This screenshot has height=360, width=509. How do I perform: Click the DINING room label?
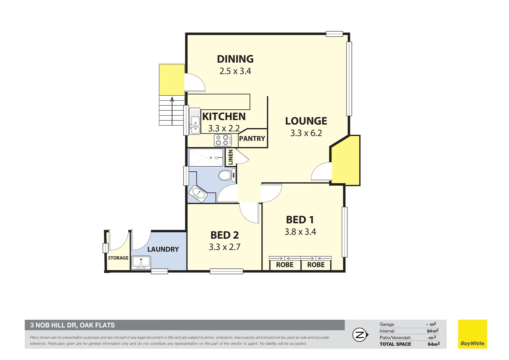tap(235, 59)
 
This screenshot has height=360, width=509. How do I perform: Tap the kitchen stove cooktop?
tap(223, 140)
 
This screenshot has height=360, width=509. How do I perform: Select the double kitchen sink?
tap(195, 121)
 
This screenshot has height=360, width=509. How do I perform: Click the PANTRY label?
tap(252, 139)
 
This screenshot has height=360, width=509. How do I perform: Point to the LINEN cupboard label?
tap(231, 157)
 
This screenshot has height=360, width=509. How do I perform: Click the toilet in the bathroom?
tap(226, 175)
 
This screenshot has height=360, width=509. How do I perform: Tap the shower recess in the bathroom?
tap(206, 158)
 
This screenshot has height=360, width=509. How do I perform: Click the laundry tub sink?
tap(141, 262)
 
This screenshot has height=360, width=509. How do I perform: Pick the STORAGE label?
tap(118, 258)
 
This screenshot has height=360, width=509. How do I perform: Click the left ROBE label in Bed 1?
tap(284, 265)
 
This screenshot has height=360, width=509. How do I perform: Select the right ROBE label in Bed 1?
tap(316, 265)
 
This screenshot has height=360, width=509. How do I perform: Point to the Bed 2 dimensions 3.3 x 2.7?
tap(225, 247)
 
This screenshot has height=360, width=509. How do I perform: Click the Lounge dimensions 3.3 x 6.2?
tap(306, 133)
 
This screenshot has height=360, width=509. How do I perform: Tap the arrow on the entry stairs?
tap(172, 99)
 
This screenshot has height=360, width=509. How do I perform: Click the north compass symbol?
tap(360, 335)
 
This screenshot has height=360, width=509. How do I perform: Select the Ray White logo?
tap(472, 334)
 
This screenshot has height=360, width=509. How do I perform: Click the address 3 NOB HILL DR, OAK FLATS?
tap(73, 325)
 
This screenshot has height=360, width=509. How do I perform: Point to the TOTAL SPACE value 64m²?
tap(433, 344)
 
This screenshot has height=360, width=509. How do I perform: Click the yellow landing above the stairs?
tap(172, 80)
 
